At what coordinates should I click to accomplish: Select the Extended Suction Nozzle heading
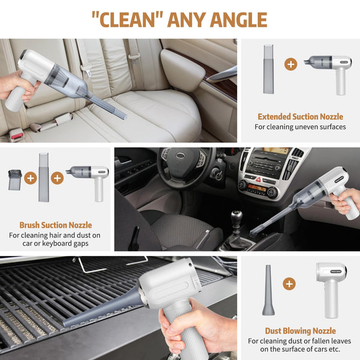click(x=300, y=117)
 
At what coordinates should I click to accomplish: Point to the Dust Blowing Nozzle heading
click(x=300, y=331)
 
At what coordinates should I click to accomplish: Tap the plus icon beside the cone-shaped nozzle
click(x=290, y=284)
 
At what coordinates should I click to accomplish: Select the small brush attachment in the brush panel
click(x=14, y=179)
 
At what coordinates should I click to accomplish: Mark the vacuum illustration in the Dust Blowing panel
click(x=331, y=288)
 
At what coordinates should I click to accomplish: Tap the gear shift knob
click(x=237, y=217)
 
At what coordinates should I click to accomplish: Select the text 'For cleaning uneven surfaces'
click(x=300, y=127)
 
